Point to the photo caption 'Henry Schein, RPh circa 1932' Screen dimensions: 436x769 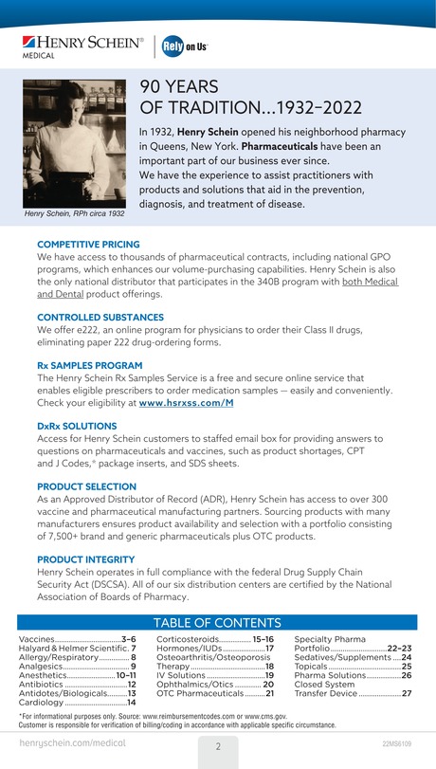point(74,213)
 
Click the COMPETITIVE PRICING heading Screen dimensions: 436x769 point(88,245)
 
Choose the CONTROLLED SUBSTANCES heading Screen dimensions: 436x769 point(100,317)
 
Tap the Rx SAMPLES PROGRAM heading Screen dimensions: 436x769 point(90,365)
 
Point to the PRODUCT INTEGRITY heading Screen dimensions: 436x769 point(87,558)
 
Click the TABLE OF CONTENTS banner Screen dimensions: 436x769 point(217,623)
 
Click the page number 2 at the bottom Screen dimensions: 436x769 point(218,746)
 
